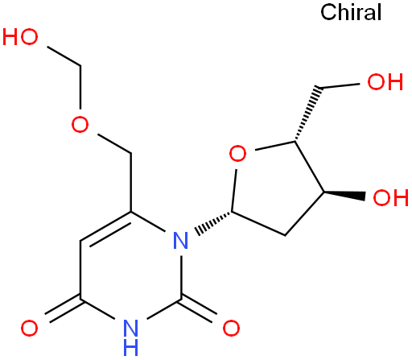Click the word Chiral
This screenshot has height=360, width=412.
click(351, 12)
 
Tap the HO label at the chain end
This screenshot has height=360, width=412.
click(20, 37)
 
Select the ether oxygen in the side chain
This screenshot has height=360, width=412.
click(80, 124)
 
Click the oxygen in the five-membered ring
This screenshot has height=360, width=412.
click(237, 153)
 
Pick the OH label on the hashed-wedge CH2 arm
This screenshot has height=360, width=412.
click(385, 81)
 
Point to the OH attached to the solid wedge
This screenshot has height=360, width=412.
click(391, 197)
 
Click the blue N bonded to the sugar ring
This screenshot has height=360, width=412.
click(180, 240)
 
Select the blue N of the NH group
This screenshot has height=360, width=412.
click(130, 328)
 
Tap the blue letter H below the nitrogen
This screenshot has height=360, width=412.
click(130, 347)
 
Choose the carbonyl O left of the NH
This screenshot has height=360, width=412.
click(29, 328)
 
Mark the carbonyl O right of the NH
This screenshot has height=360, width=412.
click(231, 328)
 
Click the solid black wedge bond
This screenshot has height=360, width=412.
click(344, 196)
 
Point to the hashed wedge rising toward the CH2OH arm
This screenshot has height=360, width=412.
click(307, 114)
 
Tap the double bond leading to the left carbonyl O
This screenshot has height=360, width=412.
click(64, 309)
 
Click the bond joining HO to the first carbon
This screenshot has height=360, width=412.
click(64, 56)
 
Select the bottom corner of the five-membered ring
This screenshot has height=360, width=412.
click(285, 236)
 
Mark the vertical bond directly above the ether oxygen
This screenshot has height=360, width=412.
click(80, 87)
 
